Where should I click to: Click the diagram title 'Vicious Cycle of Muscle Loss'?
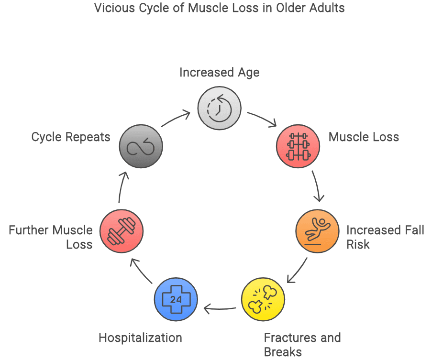point(219,8)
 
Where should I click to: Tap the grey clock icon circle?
point(219,108)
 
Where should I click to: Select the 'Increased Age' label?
point(219,73)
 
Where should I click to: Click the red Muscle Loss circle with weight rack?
point(298,146)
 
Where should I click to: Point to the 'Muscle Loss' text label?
point(364,137)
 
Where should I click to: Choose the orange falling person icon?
point(318,231)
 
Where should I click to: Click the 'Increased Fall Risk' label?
point(385,237)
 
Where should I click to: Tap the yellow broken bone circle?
point(263,300)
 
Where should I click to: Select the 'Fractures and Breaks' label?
point(302,345)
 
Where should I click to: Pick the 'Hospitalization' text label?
point(140,338)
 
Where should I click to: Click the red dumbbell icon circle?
point(122,231)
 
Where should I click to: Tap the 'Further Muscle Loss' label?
point(51,237)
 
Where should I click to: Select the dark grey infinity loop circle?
point(141,147)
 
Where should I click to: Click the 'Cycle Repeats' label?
point(71,137)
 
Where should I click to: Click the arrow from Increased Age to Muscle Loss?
point(262,120)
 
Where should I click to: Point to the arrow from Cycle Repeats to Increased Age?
point(176,119)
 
